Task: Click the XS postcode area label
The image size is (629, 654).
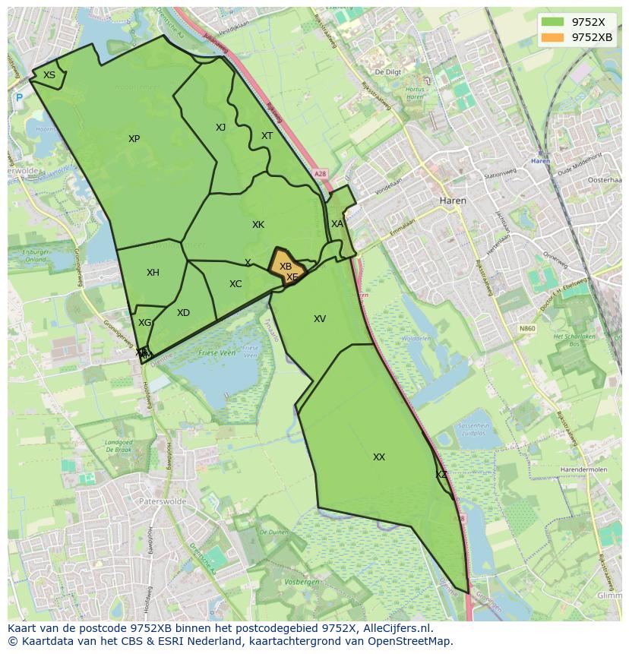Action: [x=49, y=75]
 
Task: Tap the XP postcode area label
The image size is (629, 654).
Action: [x=134, y=139]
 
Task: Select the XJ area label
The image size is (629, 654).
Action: [x=220, y=128]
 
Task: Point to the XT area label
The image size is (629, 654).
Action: [x=267, y=137]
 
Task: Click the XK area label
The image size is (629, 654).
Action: [x=258, y=225]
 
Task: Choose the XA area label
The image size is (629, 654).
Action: [x=337, y=224]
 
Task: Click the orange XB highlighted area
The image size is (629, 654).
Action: [x=286, y=267]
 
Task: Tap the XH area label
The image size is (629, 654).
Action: [x=153, y=273]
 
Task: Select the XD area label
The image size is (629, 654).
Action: [x=183, y=313]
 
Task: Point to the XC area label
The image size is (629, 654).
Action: [x=235, y=284]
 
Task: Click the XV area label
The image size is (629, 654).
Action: [x=320, y=319]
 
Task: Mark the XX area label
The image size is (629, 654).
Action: [x=379, y=457]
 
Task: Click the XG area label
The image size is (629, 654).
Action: [x=144, y=323]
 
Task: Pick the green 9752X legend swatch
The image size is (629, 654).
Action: [x=553, y=22]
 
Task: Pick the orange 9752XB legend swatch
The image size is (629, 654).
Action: [x=553, y=37]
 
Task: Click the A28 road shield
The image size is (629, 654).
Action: [x=320, y=174]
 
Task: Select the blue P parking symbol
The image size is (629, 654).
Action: [x=19, y=97]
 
